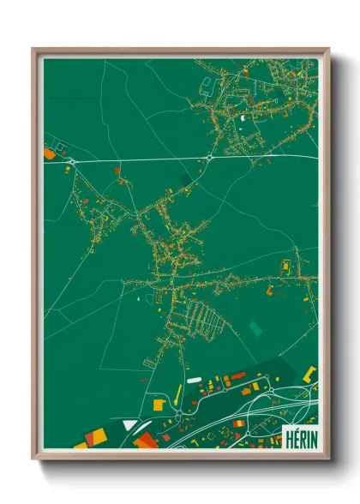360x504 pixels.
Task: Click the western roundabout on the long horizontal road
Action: click(73, 160)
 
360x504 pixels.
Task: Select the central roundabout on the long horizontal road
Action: click(209, 158)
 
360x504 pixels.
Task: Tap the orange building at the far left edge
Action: click(48, 153)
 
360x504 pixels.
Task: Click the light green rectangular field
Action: click(255, 327)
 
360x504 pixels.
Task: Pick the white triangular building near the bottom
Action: click(129, 423)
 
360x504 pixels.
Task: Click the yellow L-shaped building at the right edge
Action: click(309, 373)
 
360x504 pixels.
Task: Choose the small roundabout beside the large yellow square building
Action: click(177, 416)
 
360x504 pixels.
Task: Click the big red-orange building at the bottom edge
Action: click(144, 441)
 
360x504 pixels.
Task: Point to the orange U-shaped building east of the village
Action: click(270, 291)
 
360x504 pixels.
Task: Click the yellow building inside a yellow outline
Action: click(285, 266)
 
